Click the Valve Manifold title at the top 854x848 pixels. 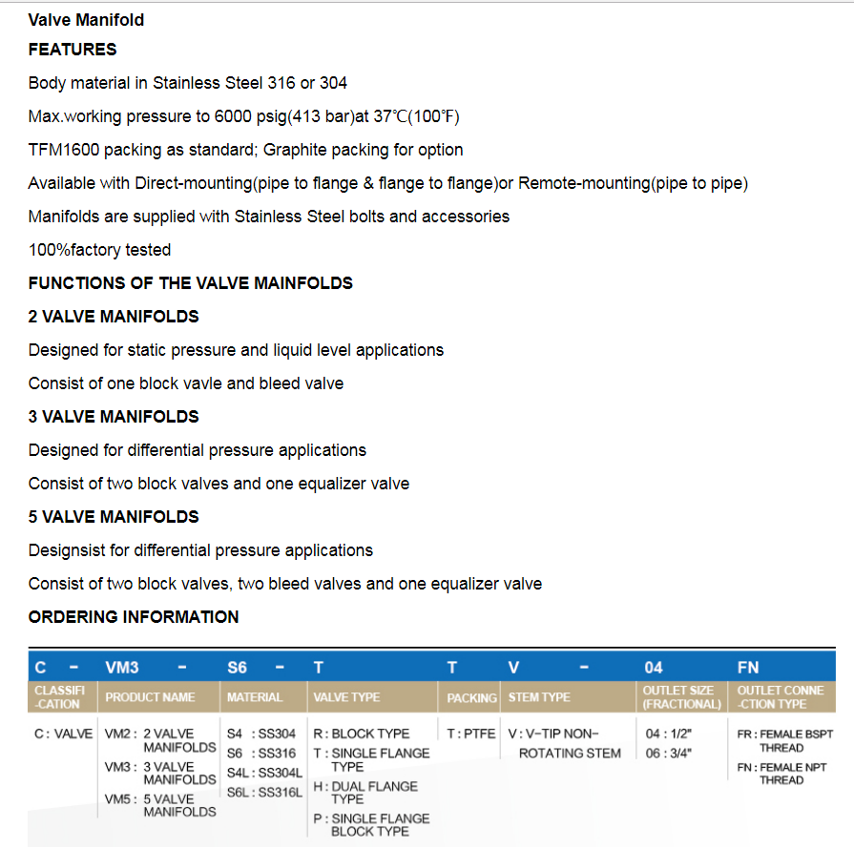click(87, 19)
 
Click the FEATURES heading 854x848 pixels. click(73, 50)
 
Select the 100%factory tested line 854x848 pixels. click(99, 250)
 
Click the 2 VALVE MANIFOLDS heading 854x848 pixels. click(114, 317)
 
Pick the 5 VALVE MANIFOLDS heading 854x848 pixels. click(114, 517)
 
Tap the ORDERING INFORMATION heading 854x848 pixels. click(134, 617)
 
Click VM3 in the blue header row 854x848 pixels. click(121, 668)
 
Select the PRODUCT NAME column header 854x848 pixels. click(150, 697)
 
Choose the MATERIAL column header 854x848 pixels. click(255, 697)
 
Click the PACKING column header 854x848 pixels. click(471, 698)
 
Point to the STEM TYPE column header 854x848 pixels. click(538, 697)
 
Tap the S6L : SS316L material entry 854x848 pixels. click(264, 792)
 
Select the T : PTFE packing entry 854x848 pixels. click(471, 734)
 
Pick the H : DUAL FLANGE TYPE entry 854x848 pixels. click(365, 792)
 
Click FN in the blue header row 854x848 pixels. click(748, 668)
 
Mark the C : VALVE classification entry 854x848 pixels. click(63, 734)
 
